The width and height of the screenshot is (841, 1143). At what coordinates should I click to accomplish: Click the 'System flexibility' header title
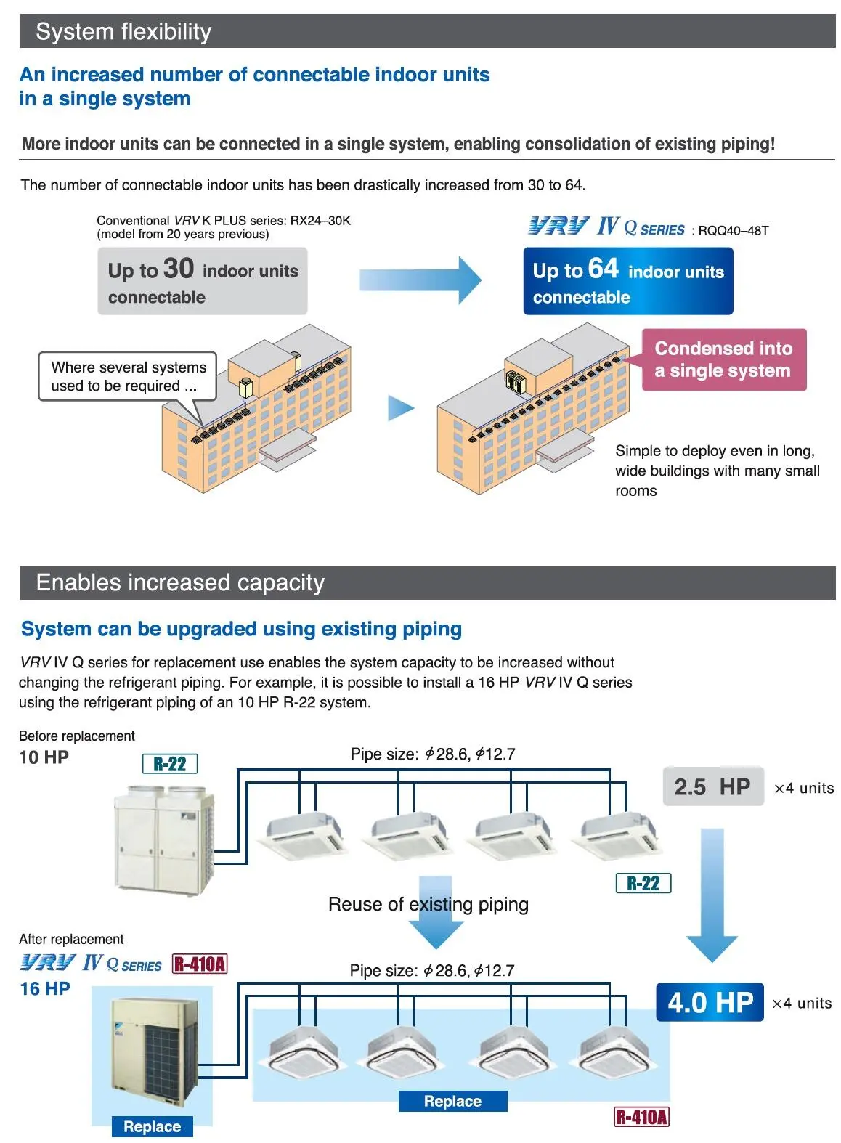(123, 32)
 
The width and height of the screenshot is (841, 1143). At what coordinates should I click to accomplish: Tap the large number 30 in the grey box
(179, 269)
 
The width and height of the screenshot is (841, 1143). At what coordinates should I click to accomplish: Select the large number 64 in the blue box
(603, 269)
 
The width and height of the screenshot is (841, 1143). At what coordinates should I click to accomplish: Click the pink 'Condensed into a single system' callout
(723, 359)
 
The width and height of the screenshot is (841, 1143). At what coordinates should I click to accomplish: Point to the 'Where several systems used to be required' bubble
(128, 376)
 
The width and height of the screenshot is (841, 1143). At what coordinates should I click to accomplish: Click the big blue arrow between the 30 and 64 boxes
(420, 280)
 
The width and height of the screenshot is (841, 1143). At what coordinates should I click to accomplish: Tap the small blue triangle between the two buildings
(400, 408)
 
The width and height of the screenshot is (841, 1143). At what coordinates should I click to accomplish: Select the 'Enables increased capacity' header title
(180, 583)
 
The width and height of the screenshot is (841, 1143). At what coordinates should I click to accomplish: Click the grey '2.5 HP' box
(712, 786)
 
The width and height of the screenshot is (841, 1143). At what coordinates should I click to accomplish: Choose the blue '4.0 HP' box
(710, 1002)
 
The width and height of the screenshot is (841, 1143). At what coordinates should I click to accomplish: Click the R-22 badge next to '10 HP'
(170, 764)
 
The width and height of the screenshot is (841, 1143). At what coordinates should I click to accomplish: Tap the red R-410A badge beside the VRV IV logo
(200, 964)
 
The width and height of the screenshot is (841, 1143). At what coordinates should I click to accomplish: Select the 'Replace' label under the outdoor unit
(152, 1126)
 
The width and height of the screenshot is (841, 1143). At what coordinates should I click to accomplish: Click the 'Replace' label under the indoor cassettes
(452, 1101)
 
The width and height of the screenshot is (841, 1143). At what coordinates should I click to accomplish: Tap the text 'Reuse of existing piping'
(428, 904)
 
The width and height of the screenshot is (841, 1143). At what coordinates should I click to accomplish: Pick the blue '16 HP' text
(45, 988)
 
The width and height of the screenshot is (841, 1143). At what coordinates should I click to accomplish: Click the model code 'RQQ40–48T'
(733, 231)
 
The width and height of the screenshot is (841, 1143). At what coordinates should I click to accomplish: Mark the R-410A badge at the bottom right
(641, 1117)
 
